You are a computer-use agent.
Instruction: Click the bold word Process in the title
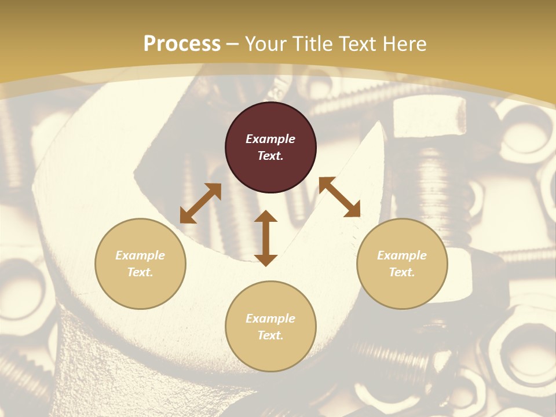pyautogui.click(x=182, y=44)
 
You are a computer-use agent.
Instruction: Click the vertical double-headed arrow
pyautogui.click(x=266, y=238)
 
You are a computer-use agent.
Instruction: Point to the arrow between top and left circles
pyautogui.click(x=200, y=203)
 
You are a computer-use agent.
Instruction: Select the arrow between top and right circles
pyautogui.click(x=339, y=197)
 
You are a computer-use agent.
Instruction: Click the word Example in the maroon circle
pyautogui.click(x=270, y=139)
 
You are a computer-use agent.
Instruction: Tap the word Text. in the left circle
pyautogui.click(x=140, y=272)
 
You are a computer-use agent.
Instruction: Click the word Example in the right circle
pyautogui.click(x=402, y=255)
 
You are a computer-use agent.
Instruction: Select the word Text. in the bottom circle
pyautogui.click(x=270, y=335)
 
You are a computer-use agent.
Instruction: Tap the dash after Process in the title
pyautogui.click(x=233, y=45)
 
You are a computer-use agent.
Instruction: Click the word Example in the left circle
pyautogui.click(x=140, y=255)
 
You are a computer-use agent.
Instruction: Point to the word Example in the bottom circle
pyautogui.click(x=270, y=319)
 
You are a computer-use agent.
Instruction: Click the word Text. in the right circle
pyautogui.click(x=402, y=272)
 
